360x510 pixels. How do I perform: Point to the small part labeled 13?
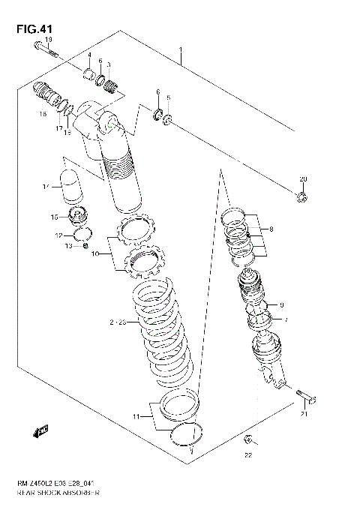point(87,246)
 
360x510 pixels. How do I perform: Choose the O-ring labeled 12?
point(83,233)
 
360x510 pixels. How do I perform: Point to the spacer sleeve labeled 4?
point(91,73)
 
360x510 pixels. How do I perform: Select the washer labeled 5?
point(166,120)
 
